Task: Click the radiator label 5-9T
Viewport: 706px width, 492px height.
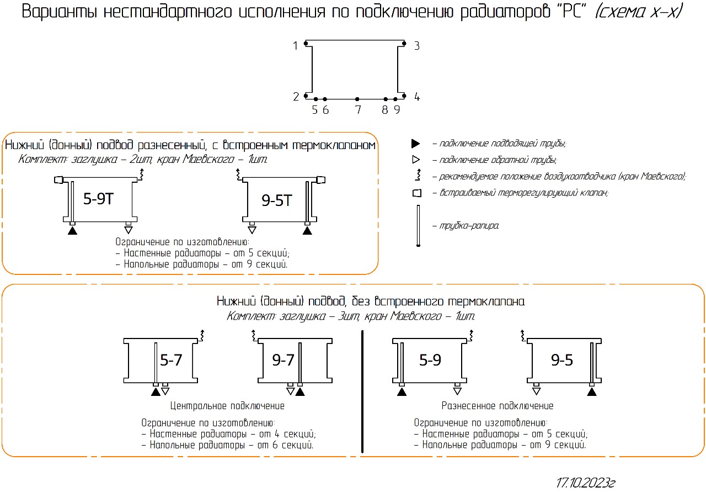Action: click(x=99, y=199)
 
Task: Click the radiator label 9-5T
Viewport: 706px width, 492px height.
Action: click(x=277, y=200)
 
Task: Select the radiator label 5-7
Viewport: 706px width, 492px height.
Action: click(x=171, y=361)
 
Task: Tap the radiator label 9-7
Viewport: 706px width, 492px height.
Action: click(x=283, y=361)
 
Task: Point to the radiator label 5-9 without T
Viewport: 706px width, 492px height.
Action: click(x=430, y=361)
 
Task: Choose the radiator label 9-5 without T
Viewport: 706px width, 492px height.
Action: click(x=562, y=361)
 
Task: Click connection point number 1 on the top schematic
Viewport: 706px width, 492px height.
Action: click(x=296, y=46)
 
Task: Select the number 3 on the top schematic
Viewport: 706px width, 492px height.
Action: click(x=417, y=46)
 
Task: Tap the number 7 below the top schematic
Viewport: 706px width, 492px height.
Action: click(x=358, y=110)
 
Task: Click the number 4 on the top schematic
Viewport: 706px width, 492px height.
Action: click(x=417, y=97)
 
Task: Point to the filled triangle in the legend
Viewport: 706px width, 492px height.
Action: click(x=415, y=144)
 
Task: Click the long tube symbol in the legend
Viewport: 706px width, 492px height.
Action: click(x=418, y=225)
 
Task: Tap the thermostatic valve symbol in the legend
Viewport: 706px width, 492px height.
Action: click(x=417, y=193)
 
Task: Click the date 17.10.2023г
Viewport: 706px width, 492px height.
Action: click(x=585, y=483)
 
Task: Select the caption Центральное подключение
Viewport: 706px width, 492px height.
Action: click(x=228, y=406)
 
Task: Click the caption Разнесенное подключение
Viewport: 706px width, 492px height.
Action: click(x=498, y=406)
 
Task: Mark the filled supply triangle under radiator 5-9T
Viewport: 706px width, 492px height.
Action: click(x=72, y=231)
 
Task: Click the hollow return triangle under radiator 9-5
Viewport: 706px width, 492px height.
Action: click(x=536, y=392)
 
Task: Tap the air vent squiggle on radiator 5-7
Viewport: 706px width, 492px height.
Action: click(x=202, y=335)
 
